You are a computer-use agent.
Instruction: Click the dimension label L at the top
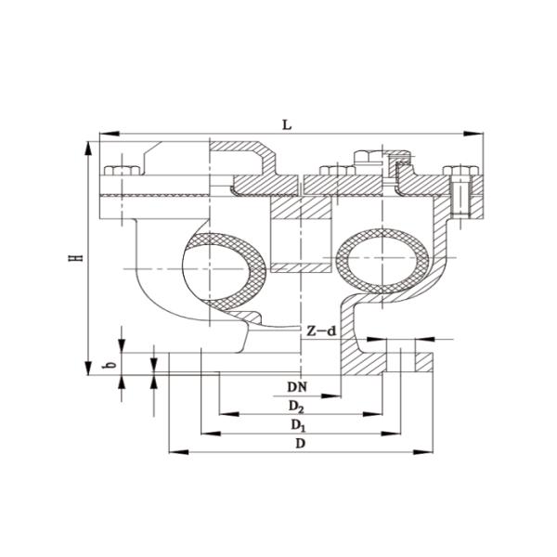pyautogui.click(x=288, y=124)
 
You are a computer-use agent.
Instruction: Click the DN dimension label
pyautogui.click(x=297, y=384)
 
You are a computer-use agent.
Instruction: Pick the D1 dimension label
pyautogui.click(x=297, y=424)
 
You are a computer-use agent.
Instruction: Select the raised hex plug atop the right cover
pyautogui.click(x=363, y=159)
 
